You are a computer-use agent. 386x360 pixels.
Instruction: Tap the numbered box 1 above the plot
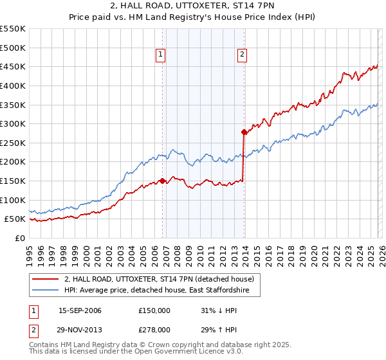[x=160, y=55]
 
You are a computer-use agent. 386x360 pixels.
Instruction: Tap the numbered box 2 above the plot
[x=243, y=55]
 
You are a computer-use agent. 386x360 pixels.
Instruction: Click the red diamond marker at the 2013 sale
[x=244, y=132]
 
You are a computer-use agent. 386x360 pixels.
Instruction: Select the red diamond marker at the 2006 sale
[x=162, y=181]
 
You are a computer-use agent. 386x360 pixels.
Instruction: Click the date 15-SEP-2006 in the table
[x=80, y=310]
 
